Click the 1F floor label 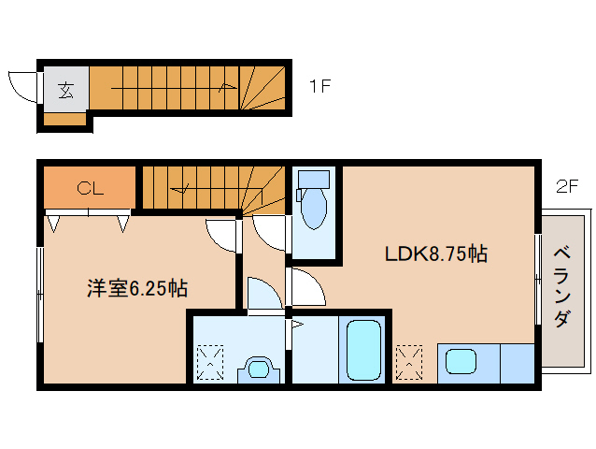click(x=320, y=88)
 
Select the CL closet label click(x=90, y=188)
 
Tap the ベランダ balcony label click(x=561, y=286)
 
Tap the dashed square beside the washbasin click(x=211, y=362)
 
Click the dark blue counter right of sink click(x=517, y=362)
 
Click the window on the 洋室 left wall click(x=39, y=296)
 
